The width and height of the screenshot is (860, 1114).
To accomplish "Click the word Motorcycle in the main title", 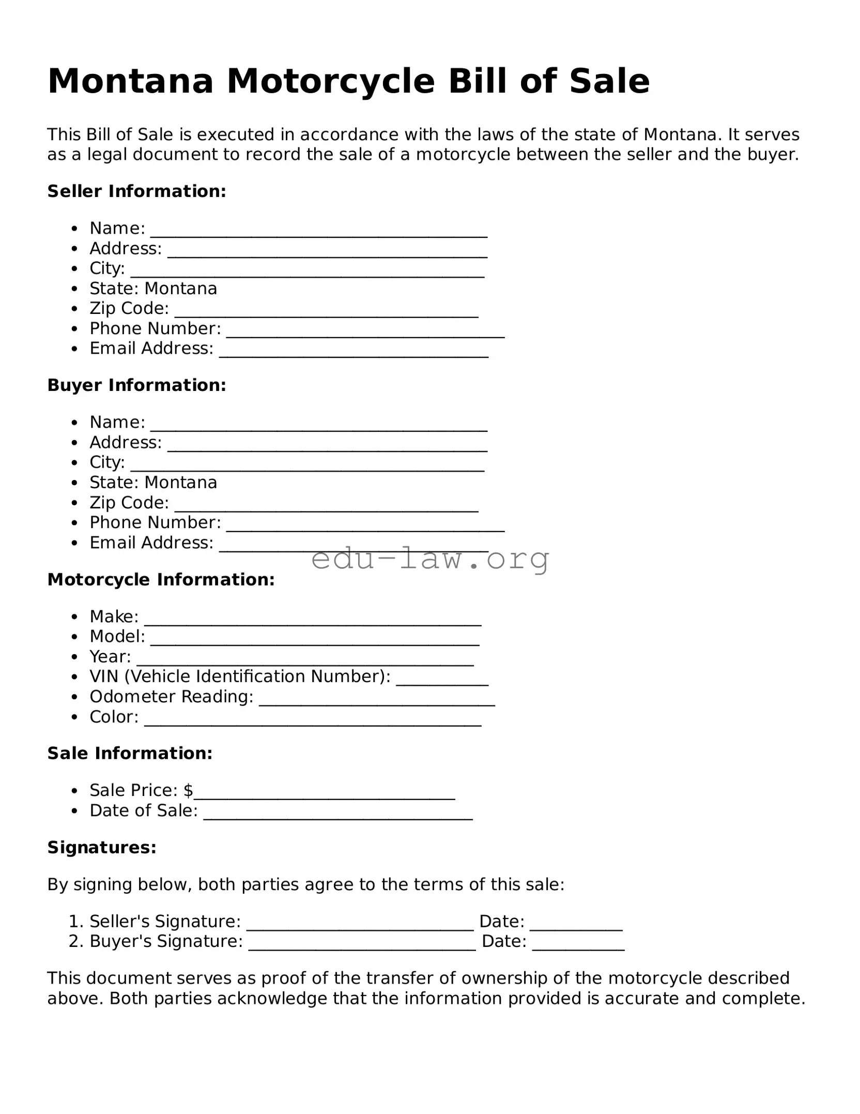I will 330,82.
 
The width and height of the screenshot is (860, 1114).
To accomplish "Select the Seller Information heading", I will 136,191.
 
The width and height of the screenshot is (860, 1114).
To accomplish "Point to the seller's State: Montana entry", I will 153,288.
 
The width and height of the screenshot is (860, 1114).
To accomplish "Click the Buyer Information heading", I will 136,385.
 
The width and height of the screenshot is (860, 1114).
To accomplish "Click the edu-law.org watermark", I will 430,559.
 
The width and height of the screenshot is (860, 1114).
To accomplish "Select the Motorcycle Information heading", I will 161,580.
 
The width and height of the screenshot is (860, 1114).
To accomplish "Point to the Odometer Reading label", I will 171,697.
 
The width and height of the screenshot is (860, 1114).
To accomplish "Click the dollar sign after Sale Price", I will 188,790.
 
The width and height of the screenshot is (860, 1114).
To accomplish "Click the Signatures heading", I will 102,848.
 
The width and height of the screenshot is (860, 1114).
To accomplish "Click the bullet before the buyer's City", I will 75,463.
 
